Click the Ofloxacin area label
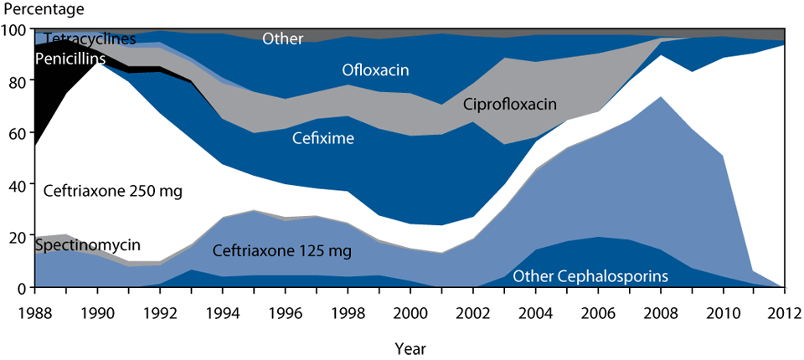tap(375, 70)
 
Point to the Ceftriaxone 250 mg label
tap(112, 191)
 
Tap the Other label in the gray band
tap(282, 39)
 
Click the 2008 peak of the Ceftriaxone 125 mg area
tap(661, 97)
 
